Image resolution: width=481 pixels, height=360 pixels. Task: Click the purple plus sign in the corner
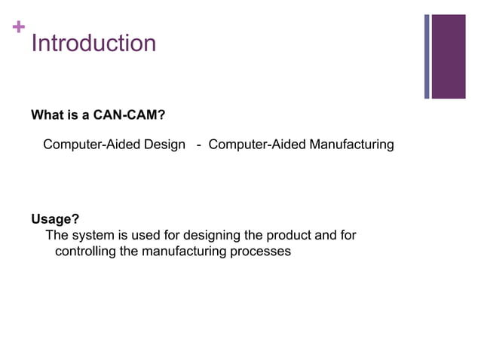point(19,28)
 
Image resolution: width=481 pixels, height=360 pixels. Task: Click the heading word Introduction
point(93,43)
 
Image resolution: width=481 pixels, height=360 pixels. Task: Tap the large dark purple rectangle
point(449,56)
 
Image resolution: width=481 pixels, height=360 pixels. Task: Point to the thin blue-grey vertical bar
point(427,56)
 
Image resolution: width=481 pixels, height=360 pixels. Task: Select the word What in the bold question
point(46,116)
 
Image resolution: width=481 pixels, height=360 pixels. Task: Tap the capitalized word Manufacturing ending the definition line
point(351,144)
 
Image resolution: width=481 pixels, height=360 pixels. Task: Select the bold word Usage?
point(55,220)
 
